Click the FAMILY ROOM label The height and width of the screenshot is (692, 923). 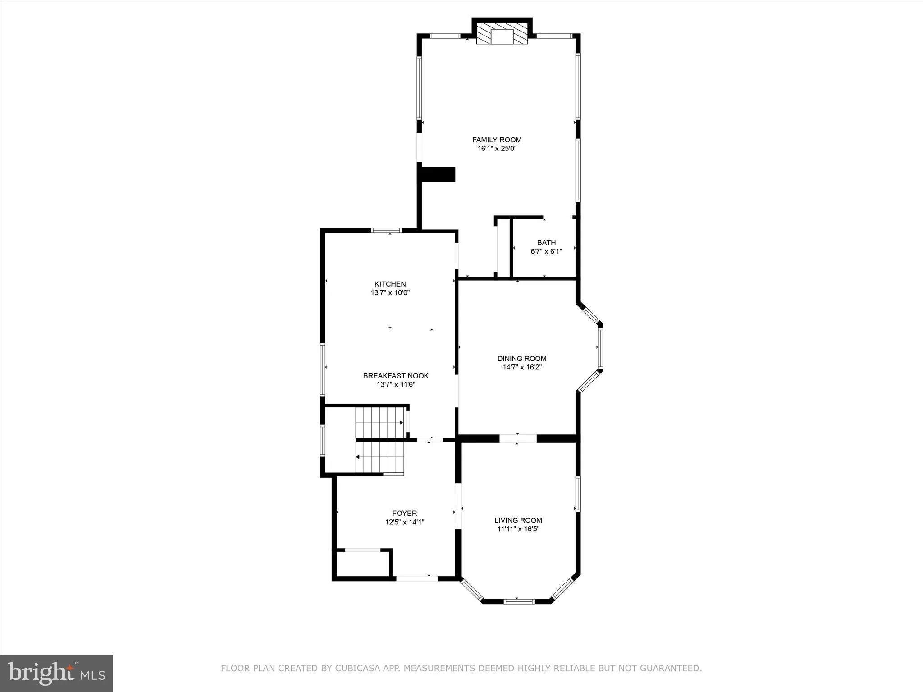click(x=497, y=140)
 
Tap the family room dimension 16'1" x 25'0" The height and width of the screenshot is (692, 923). click(x=497, y=149)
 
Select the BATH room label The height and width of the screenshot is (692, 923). click(x=546, y=242)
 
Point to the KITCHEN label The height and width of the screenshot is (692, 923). click(x=390, y=284)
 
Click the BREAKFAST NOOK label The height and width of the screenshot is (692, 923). click(x=396, y=376)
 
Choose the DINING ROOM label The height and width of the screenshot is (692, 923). click(x=522, y=359)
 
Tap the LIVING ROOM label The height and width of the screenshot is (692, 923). click(x=518, y=520)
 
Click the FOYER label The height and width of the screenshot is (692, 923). click(x=404, y=513)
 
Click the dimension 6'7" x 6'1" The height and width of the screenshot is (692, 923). click(x=546, y=251)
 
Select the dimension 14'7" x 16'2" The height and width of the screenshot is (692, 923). click(x=522, y=367)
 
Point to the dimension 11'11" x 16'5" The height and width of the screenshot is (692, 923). click(x=518, y=529)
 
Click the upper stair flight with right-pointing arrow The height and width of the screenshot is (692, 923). click(x=379, y=422)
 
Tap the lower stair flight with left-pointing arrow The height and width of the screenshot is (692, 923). click(x=379, y=457)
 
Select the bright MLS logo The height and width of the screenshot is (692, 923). click(x=56, y=673)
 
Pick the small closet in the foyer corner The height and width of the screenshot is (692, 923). click(x=363, y=563)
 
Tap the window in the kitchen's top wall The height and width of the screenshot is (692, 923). click(x=386, y=231)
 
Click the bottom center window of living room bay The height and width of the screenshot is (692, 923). click(x=518, y=601)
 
